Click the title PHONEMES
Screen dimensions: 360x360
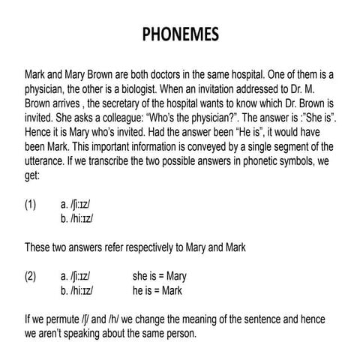(180, 36)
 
